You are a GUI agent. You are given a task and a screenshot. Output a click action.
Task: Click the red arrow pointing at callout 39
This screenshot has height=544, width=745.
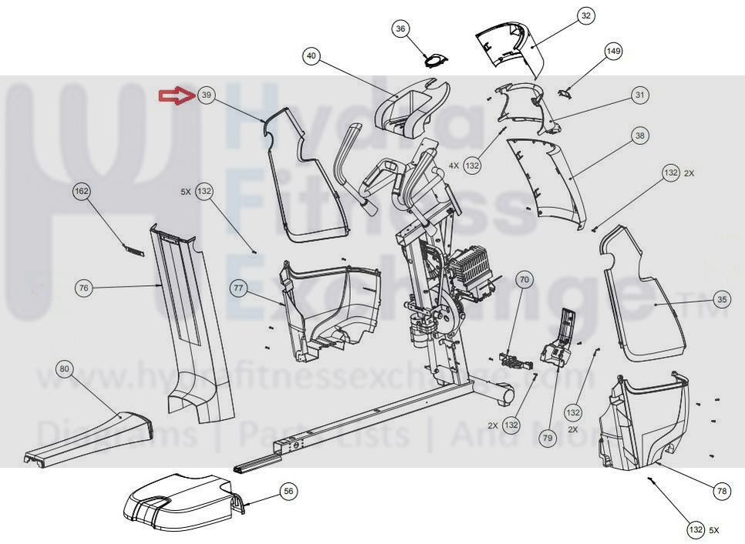point(175,96)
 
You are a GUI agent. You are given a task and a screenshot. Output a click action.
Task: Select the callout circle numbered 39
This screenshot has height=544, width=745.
point(205,96)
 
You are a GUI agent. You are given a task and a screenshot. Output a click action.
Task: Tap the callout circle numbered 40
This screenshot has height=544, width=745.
point(311,56)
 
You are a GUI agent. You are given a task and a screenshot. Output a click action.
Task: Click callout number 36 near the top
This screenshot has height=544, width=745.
point(400,29)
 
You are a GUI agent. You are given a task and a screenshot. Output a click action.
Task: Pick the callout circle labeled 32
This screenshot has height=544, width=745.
point(585,15)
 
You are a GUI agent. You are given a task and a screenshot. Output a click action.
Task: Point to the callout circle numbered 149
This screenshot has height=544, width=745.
point(613,52)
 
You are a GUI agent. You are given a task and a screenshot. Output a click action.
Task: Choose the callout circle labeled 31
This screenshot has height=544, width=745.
point(639,96)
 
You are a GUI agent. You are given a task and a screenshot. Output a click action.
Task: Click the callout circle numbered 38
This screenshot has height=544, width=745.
point(639,136)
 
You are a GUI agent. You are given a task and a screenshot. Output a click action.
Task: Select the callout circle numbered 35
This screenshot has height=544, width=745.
point(721,300)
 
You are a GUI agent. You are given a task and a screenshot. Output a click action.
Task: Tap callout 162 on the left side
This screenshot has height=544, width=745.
point(82,190)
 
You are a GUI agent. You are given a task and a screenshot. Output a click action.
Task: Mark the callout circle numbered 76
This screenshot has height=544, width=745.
point(84,288)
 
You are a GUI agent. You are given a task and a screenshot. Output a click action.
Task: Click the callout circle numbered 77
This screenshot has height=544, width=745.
point(238,288)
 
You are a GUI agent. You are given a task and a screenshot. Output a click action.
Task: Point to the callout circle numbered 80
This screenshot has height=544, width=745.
point(65,370)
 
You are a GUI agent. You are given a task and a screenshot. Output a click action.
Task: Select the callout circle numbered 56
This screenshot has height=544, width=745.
point(288,491)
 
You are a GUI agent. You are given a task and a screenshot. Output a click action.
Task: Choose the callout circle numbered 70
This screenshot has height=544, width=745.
point(524,280)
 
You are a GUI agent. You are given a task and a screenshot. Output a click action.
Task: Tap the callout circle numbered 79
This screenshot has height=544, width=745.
point(548,438)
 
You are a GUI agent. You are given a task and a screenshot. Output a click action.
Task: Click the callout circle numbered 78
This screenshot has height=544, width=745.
point(722,491)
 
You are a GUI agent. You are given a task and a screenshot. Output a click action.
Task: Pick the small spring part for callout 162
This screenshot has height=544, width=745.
point(131,247)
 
